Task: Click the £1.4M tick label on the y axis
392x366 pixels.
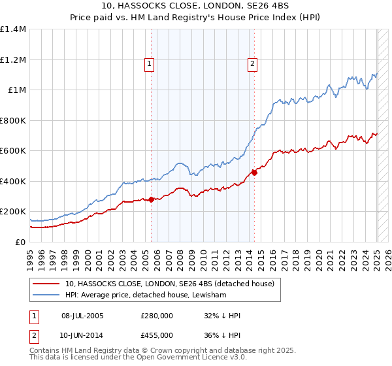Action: tap(12, 29)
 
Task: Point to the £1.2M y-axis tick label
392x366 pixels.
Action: tap(12, 59)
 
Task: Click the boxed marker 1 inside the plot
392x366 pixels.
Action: tap(150, 64)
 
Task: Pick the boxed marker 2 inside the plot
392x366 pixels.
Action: tap(252, 64)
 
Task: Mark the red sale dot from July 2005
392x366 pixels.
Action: tap(152, 199)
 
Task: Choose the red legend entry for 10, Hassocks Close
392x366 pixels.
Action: tap(173, 284)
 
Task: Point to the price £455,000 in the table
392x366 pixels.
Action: tap(157, 335)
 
